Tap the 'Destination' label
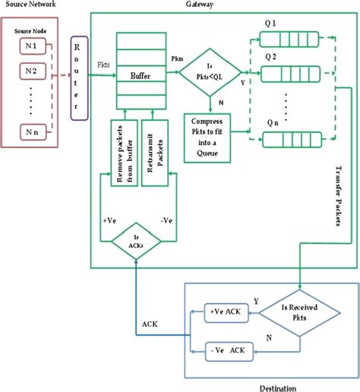[278, 386]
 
